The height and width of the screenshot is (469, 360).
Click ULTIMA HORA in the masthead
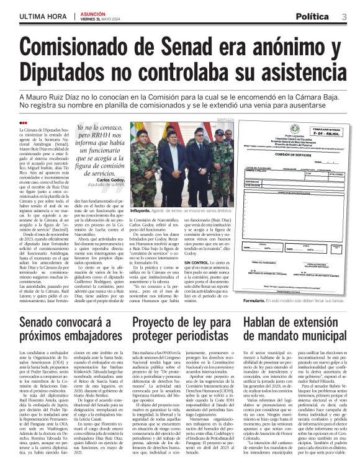point(41,16)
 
